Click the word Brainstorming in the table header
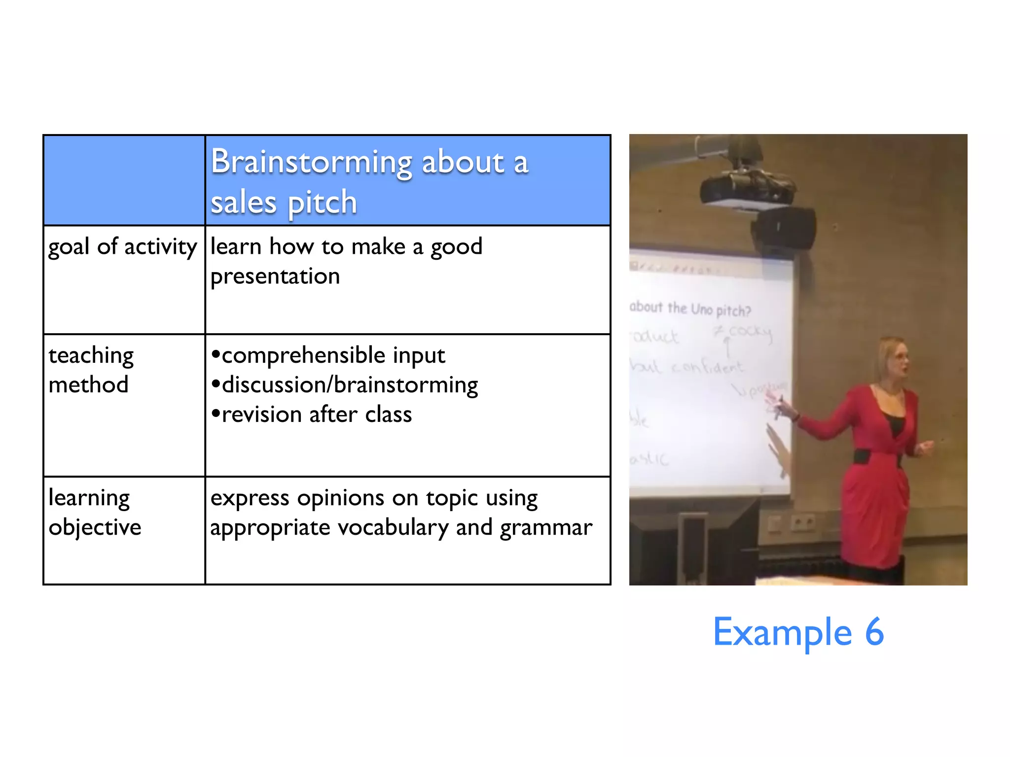(x=311, y=163)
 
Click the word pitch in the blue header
(x=322, y=203)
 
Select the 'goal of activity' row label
(x=122, y=246)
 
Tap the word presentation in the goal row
(x=275, y=276)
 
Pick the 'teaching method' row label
(x=91, y=370)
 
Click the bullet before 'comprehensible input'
(x=216, y=354)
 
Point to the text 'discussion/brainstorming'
(x=349, y=385)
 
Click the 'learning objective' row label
(x=95, y=513)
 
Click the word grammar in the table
(x=546, y=528)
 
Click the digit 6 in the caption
(x=874, y=632)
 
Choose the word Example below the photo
(x=782, y=632)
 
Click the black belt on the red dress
(x=873, y=456)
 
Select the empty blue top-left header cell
(x=124, y=180)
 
